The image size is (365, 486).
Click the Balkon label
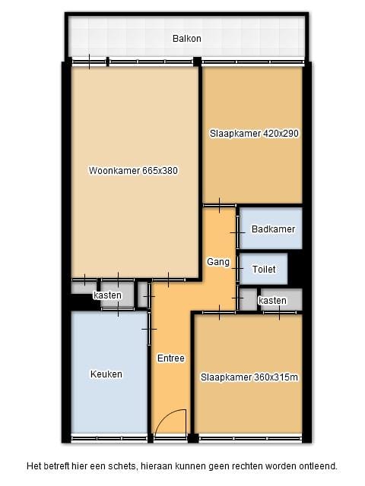[186, 38]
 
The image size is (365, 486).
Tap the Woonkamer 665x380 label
[133, 170]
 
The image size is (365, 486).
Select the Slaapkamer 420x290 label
[254, 133]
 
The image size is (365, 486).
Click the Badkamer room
[272, 229]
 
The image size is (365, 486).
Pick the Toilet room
[264, 269]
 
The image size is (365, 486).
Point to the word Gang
[218, 262]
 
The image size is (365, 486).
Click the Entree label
[171, 358]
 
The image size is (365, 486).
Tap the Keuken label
[106, 374]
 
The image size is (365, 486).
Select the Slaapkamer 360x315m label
[249, 377]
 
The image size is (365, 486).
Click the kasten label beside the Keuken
[108, 295]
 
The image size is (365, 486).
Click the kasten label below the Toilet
[272, 301]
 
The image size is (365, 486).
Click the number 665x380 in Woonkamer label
[160, 170]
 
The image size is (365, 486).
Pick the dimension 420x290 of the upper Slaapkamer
[281, 133]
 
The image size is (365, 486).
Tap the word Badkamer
[272, 229]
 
